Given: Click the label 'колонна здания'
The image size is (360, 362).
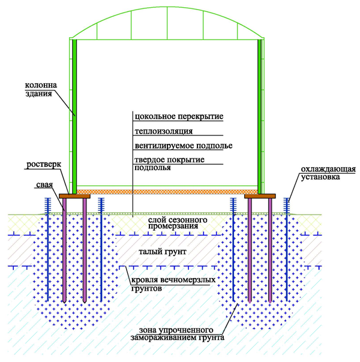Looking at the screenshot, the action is click(x=41, y=89).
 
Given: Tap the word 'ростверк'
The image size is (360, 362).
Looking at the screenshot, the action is click(x=44, y=165).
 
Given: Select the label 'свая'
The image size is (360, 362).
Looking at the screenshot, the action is click(x=44, y=185).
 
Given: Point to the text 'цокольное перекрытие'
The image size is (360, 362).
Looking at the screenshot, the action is click(x=179, y=117).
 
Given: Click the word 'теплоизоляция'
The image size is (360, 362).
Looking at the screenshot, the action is click(x=164, y=131).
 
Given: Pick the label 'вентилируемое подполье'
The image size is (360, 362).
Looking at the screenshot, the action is click(x=184, y=146).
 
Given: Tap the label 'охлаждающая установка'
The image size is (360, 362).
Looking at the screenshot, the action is click(x=328, y=173).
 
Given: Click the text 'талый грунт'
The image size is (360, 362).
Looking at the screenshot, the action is click(x=163, y=251).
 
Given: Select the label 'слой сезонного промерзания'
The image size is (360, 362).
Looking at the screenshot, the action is click(x=178, y=223).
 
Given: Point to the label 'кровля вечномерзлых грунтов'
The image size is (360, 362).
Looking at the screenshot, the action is click(x=173, y=284).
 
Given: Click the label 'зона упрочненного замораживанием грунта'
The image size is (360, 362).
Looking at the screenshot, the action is click(x=177, y=334).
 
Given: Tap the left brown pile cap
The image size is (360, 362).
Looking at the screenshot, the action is click(x=74, y=196).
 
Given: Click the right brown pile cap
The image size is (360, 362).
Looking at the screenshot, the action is click(x=260, y=196).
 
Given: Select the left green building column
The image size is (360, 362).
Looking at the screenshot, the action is click(x=74, y=117).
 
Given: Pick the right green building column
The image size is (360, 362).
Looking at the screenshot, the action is click(x=260, y=117).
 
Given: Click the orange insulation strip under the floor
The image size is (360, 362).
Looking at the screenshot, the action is click(x=167, y=192).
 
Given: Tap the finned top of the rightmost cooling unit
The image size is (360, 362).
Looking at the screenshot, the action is click(x=287, y=205).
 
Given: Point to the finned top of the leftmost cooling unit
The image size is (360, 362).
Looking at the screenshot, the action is click(x=47, y=205).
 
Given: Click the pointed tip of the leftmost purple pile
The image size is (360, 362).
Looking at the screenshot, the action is click(x=64, y=303).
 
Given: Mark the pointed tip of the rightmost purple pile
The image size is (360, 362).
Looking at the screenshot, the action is click(x=270, y=303).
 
